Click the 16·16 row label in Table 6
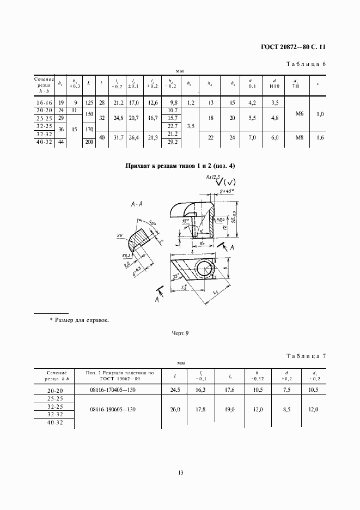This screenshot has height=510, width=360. coord(43,102)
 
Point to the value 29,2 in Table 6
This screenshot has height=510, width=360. coord(174,142)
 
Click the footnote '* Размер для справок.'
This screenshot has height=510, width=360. coord(80,320)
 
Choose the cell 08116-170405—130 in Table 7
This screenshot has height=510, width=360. coord(120,390)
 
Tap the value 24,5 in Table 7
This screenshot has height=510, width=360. coord(175,390)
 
